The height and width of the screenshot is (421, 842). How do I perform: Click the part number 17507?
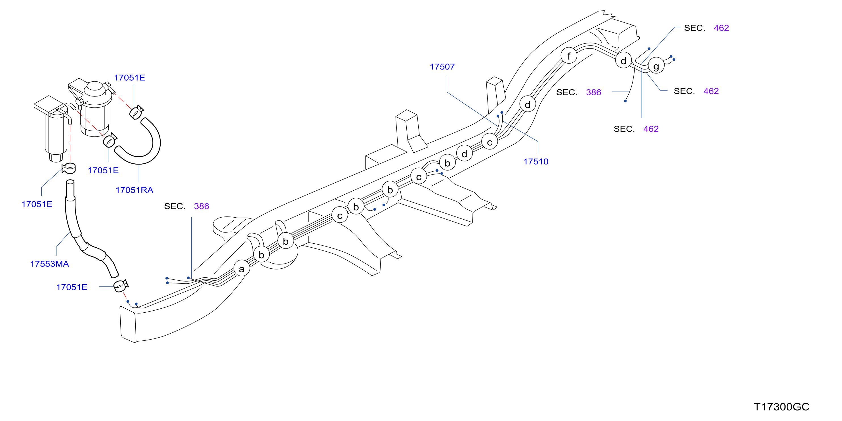pos(442,67)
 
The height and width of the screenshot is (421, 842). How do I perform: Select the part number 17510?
pos(536,161)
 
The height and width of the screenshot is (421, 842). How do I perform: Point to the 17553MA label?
pos(49,264)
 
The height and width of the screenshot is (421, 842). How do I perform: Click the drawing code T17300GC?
pos(782,407)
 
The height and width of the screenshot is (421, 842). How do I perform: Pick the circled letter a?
pos(242,269)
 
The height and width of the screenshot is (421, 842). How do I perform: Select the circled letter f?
pos(569,56)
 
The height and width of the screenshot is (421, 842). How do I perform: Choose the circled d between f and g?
pos(623,60)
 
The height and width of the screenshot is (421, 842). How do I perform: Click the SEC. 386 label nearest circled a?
pos(187,206)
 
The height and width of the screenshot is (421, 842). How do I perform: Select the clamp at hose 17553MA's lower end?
pos(121,286)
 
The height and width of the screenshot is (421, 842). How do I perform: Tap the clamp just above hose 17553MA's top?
pos(69,168)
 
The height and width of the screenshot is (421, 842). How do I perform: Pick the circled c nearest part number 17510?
pos(489,142)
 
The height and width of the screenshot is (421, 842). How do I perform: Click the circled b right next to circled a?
pos(261,255)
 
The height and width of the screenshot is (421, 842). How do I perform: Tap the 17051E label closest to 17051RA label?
pos(103,170)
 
